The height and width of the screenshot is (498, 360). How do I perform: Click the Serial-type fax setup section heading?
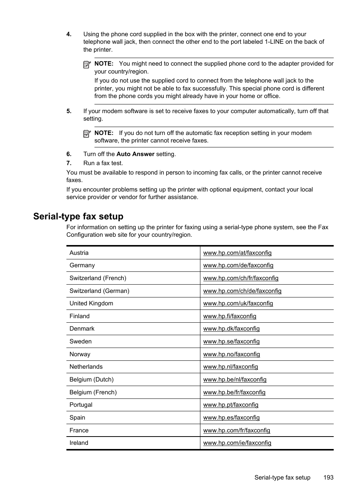point(78,216)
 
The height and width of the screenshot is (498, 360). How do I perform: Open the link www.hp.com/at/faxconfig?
point(237,253)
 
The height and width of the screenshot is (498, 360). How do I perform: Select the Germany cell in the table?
point(82,265)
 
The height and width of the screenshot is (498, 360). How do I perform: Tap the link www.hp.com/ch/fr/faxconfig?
point(240,278)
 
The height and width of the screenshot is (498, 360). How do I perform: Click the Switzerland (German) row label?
point(99,291)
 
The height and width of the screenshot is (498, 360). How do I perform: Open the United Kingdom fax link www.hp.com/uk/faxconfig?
point(238,303)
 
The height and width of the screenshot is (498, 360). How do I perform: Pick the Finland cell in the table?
point(80,316)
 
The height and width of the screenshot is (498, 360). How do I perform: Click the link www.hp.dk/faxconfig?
point(231,329)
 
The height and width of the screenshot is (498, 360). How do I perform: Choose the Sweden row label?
point(80,342)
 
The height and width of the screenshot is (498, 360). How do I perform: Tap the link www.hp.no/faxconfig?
point(231,354)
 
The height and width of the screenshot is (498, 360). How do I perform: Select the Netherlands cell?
point(86,367)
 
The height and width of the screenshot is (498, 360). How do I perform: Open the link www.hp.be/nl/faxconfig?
point(235,380)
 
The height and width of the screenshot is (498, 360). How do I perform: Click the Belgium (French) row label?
point(93,392)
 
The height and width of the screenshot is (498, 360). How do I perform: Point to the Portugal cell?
point(81,405)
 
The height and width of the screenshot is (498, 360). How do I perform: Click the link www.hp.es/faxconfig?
point(231,418)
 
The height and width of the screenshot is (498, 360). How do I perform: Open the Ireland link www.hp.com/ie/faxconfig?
point(237,443)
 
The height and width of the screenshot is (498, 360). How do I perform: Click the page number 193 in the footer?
point(328,478)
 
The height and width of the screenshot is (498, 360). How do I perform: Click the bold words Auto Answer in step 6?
point(135,154)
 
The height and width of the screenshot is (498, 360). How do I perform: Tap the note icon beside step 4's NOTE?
point(87,64)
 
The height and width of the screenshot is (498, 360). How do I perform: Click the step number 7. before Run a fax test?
point(69,163)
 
